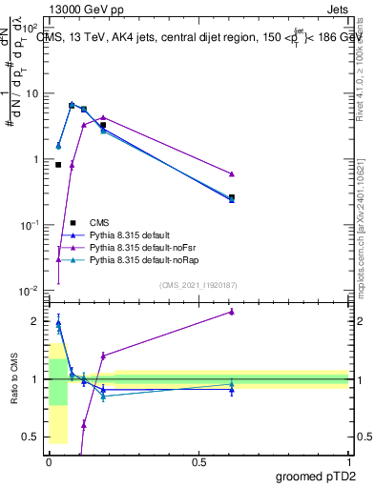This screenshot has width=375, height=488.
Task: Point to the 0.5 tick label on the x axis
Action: pyautogui.click(x=198, y=461)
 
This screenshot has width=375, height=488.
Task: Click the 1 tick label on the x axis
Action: pyautogui.click(x=348, y=461)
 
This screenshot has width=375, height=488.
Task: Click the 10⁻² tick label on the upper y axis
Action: pyautogui.click(x=30, y=290)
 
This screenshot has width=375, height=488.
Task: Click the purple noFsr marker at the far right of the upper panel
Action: pyautogui.click(x=232, y=173)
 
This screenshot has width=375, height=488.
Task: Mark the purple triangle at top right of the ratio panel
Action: pyautogui.click(x=232, y=312)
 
